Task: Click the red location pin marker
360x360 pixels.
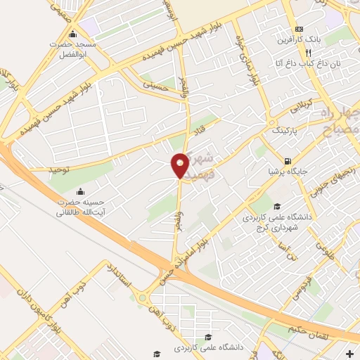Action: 180,166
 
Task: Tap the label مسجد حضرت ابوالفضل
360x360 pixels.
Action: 73,49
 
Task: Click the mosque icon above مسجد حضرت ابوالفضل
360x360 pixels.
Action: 73,34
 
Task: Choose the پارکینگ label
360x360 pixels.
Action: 285,131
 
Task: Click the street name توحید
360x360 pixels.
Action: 60,170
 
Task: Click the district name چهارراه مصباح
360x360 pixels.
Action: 340,121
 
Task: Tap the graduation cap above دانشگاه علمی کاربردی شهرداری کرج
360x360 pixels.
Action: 278,206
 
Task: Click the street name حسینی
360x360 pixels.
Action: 156,84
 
